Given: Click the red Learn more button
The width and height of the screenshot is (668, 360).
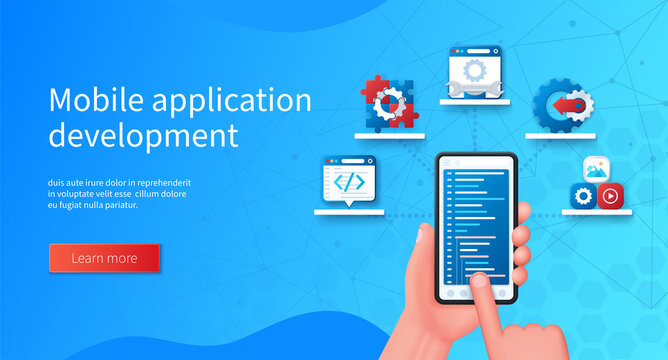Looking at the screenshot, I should pyautogui.click(x=104, y=258).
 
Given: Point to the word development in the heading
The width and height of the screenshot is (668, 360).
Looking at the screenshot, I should pyautogui.click(x=144, y=135).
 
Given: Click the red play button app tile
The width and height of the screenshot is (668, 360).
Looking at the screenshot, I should pyautogui.click(x=610, y=196).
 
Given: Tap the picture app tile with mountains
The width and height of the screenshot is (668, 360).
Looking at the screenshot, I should pyautogui.click(x=597, y=170).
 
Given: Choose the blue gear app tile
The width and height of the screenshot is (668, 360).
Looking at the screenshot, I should pyautogui.click(x=583, y=196).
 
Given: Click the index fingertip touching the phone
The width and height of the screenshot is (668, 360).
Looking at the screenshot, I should pyautogui.click(x=480, y=284).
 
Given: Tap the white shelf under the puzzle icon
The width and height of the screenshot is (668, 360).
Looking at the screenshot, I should pyautogui.click(x=389, y=135).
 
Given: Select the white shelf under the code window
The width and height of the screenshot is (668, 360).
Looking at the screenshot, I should pyautogui.click(x=349, y=212).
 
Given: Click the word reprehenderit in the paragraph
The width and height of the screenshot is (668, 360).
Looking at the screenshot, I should pyautogui.click(x=162, y=183).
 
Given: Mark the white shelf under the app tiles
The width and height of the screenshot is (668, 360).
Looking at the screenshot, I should pyautogui.click(x=597, y=212).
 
